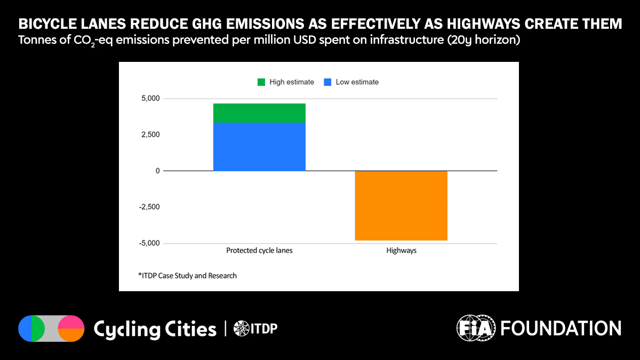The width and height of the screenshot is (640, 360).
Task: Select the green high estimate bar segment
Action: pyautogui.click(x=259, y=113)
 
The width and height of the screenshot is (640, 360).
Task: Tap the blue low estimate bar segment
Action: pyautogui.click(x=259, y=146)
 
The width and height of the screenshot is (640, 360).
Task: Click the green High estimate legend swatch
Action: pyautogui.click(x=261, y=82)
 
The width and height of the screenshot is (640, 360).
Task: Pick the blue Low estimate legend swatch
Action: pyautogui.click(x=328, y=82)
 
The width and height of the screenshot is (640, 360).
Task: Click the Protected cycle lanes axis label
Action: pyautogui.click(x=259, y=251)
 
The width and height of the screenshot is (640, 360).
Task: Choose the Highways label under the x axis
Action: pyautogui.click(x=401, y=251)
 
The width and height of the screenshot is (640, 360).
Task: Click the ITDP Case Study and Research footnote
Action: pyautogui.click(x=187, y=276)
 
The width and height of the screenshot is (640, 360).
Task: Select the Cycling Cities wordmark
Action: pyautogui.click(x=155, y=329)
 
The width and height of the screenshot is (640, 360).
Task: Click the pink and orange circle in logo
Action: pyautogui.click(x=71, y=329)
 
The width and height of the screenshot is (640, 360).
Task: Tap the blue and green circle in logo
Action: pyautogui.click(x=32, y=329)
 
